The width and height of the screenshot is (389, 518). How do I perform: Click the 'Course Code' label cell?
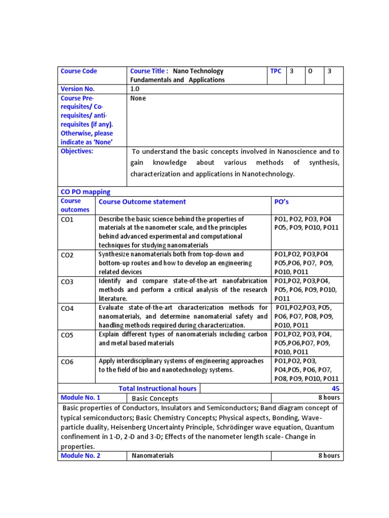[79, 71]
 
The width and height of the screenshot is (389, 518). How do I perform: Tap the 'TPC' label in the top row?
[276, 71]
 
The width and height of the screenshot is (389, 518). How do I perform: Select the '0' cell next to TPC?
[310, 71]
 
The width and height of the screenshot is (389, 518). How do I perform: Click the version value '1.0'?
[135, 89]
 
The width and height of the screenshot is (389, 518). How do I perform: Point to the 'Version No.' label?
[77, 89]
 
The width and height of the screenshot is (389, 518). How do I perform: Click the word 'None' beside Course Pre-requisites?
[138, 98]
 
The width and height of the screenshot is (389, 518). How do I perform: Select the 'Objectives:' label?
[77, 151]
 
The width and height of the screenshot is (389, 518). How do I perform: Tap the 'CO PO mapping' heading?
[85, 192]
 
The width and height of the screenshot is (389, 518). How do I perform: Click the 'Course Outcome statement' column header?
[142, 202]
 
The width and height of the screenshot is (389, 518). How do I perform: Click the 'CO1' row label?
[67, 220]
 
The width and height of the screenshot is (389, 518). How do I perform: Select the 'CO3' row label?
[67, 282]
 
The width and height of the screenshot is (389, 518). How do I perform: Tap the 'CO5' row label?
[67, 335]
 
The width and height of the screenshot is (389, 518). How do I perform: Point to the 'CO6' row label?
[67, 362]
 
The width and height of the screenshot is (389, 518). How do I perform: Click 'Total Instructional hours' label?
[158, 388]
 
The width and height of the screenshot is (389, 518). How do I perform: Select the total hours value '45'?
[335, 388]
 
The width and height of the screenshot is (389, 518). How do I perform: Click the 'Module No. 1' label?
[81, 398]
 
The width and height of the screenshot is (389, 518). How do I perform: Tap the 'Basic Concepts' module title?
[155, 398]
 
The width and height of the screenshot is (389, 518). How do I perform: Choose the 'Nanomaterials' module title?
[152, 456]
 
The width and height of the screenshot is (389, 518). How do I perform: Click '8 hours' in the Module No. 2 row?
[329, 456]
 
